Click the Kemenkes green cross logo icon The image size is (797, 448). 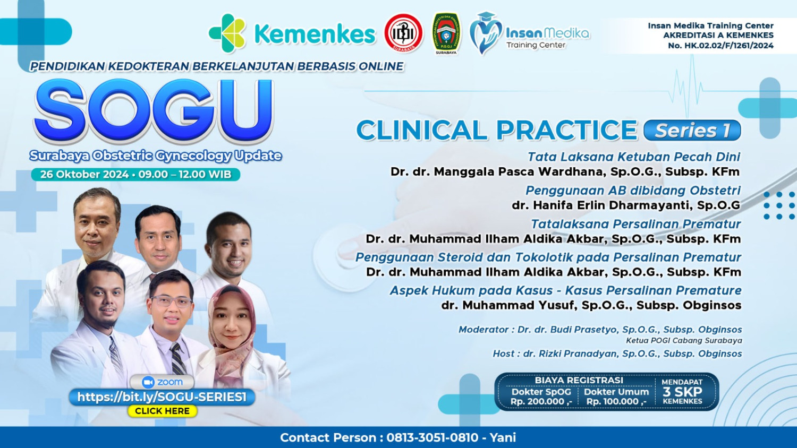(227, 33)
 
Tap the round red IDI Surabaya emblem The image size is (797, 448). (403, 33)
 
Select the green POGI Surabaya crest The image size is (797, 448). (446, 33)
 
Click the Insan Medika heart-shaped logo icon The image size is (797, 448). (485, 33)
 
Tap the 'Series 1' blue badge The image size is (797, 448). (692, 130)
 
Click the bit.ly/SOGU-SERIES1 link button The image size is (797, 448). (162, 397)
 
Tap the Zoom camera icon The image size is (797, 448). (148, 382)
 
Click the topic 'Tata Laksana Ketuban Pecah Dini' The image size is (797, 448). (634, 157)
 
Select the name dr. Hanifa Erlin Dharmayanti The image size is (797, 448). (626, 205)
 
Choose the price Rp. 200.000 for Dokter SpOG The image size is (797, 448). (541, 401)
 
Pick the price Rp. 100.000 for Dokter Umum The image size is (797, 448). (616, 401)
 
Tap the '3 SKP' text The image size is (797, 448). (682, 392)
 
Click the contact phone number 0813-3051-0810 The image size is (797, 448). (433, 437)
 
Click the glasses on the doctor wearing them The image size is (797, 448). (172, 301)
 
